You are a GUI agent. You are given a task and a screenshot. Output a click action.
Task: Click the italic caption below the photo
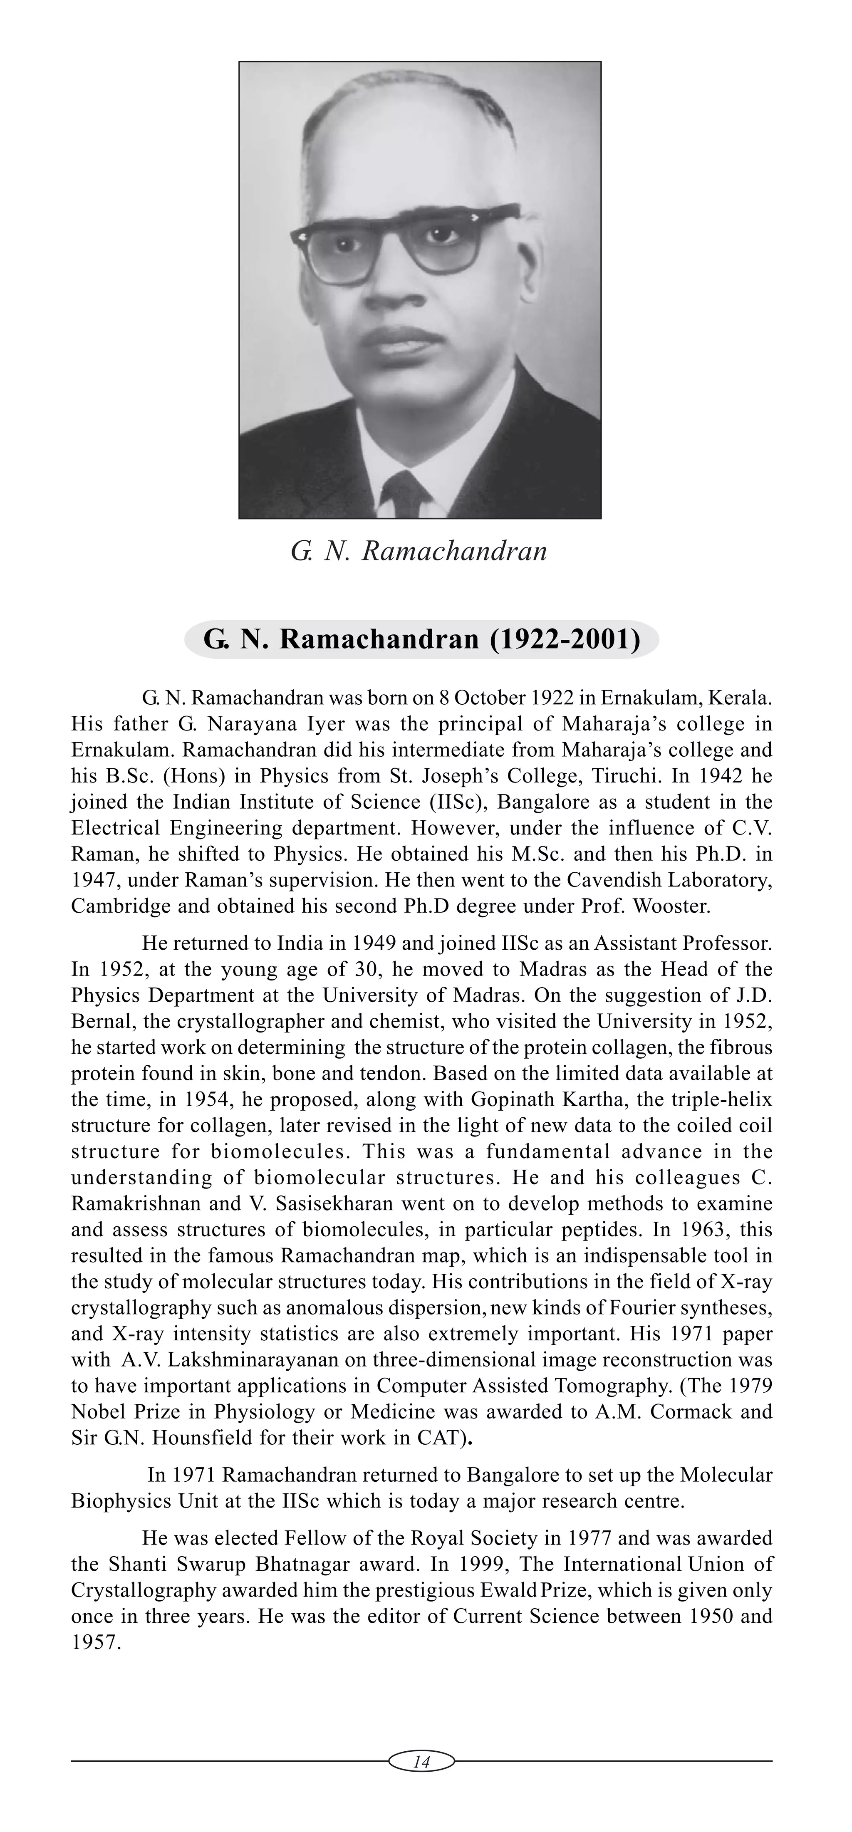(x=419, y=551)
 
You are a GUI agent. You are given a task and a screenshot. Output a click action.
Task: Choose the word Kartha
(x=586, y=1099)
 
